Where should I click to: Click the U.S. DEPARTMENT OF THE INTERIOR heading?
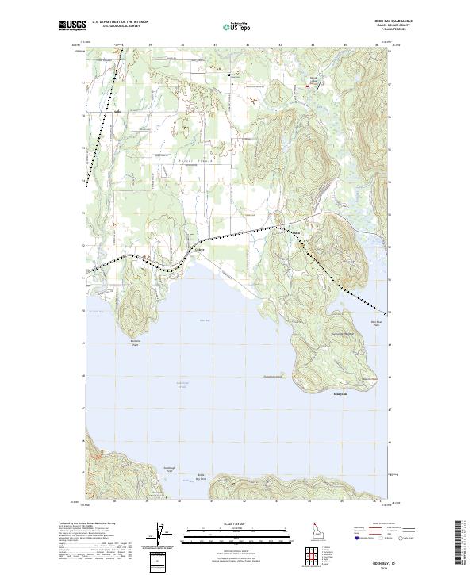coord(120,21)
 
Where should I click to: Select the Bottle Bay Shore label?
coord(201,478)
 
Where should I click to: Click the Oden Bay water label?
coord(204,320)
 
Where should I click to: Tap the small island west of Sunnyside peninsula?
coord(272,376)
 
